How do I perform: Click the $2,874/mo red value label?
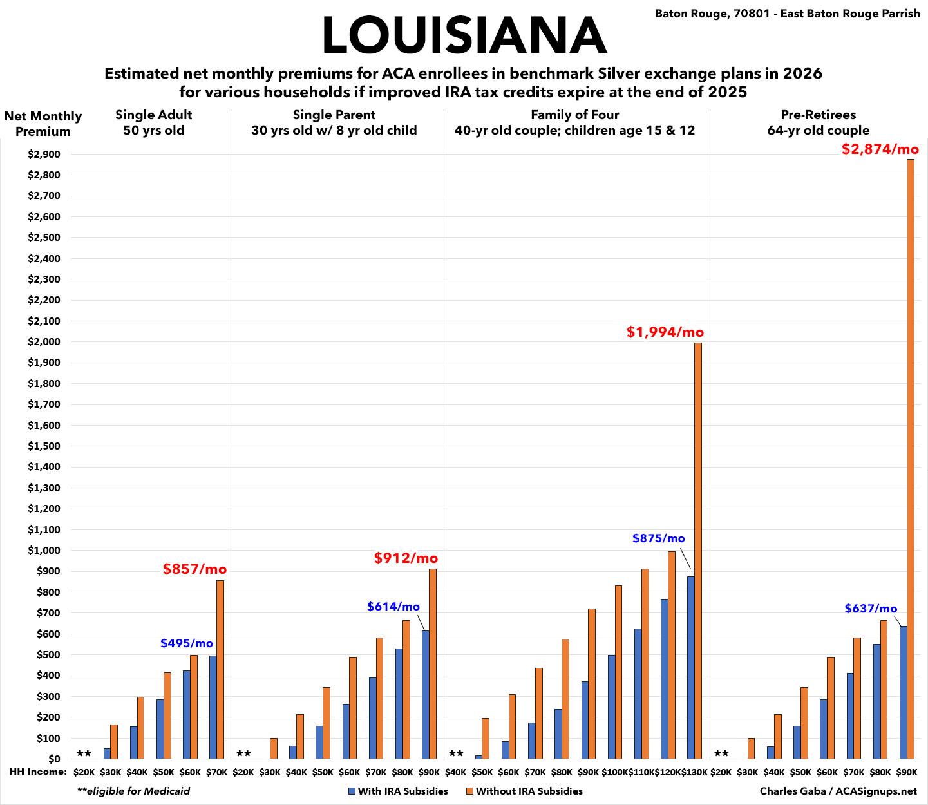tap(880, 149)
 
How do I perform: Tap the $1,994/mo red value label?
tap(665, 332)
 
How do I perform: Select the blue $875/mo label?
tap(658, 538)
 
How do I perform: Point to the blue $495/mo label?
tap(187, 643)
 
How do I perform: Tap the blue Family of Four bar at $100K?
tap(611, 707)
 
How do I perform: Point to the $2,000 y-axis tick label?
tap(44, 342)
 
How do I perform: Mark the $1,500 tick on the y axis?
tap(44, 446)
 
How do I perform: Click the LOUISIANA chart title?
tap(464, 35)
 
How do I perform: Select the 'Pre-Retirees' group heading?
tap(818, 115)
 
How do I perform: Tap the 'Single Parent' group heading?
tap(334, 115)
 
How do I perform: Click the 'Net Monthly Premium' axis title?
tap(43, 124)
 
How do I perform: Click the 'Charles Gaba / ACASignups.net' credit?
tap(838, 791)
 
